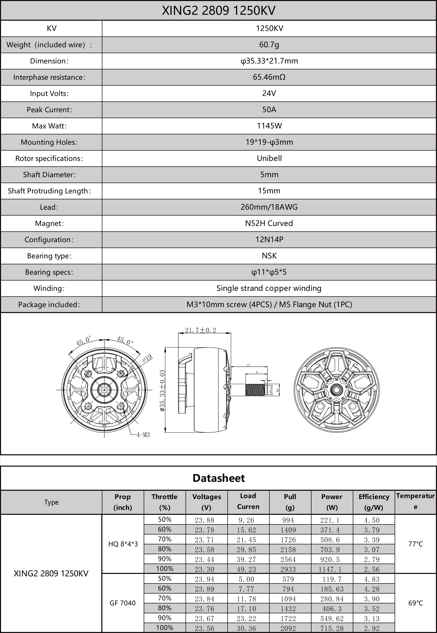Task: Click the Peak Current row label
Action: click(x=49, y=110)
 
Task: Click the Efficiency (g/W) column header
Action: click(x=374, y=502)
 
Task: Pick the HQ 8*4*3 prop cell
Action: click(x=123, y=544)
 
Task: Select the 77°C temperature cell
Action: click(x=415, y=544)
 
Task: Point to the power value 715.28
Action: click(x=332, y=628)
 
